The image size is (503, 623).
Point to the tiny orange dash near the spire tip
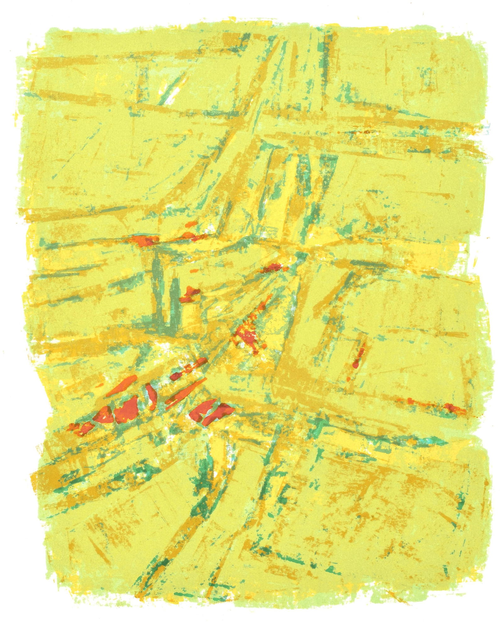pyautogui.click(x=194, y=271)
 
